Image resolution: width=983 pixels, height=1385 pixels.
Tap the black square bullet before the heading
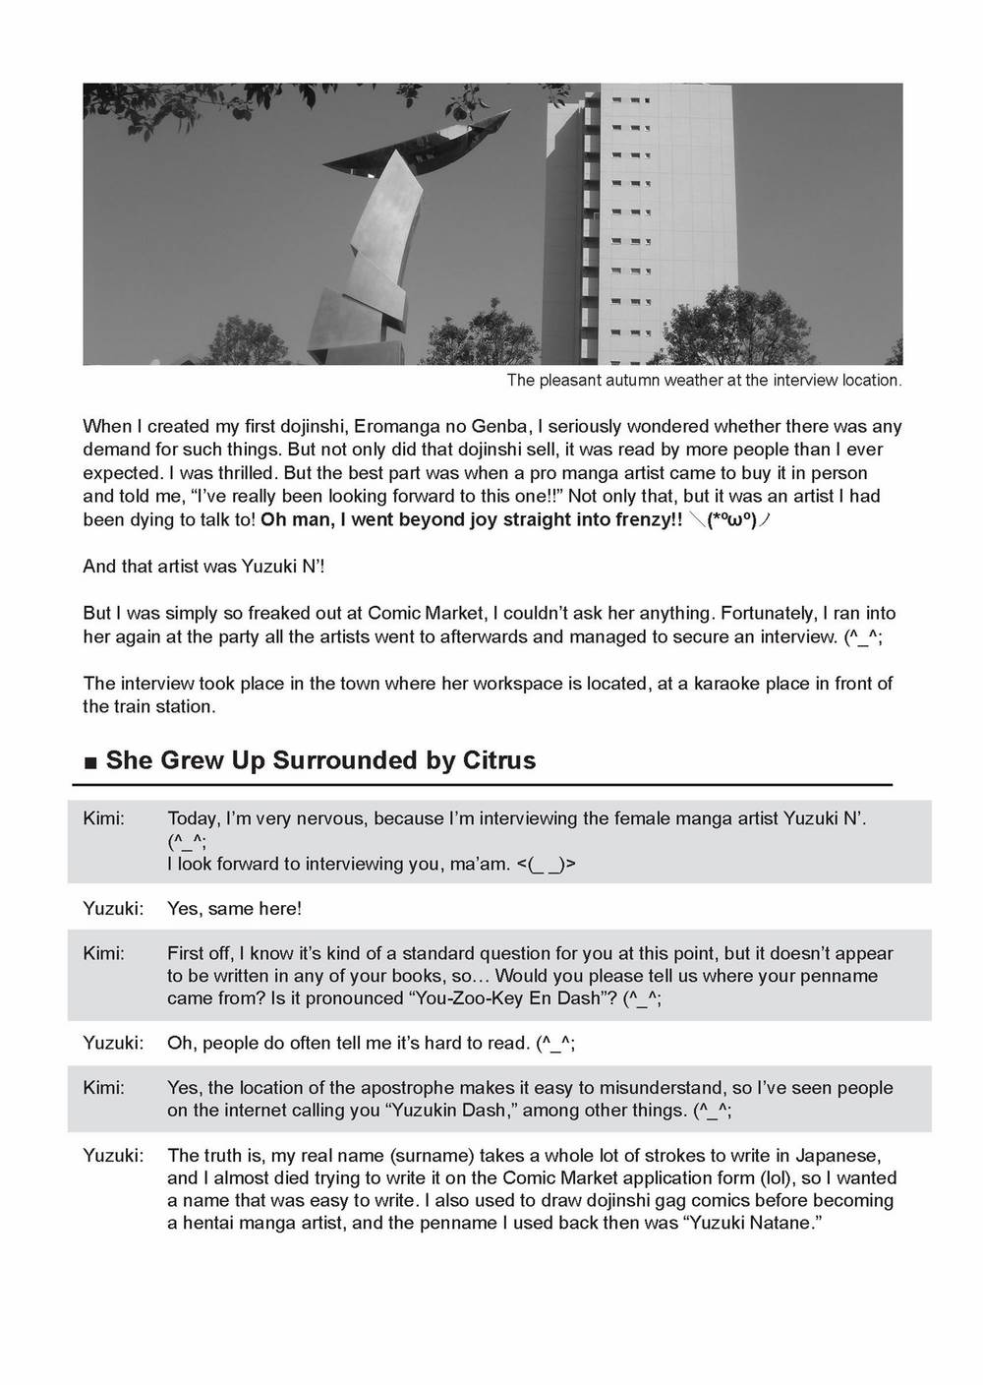coord(90,762)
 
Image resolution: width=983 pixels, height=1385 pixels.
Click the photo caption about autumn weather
coord(704,380)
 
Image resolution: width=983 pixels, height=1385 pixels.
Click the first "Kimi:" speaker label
coord(104,818)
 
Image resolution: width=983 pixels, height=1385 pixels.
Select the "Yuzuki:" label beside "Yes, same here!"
coord(113,909)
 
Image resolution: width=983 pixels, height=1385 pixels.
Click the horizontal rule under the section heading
coord(482,785)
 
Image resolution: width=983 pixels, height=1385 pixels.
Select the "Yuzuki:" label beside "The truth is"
coord(113,1155)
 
